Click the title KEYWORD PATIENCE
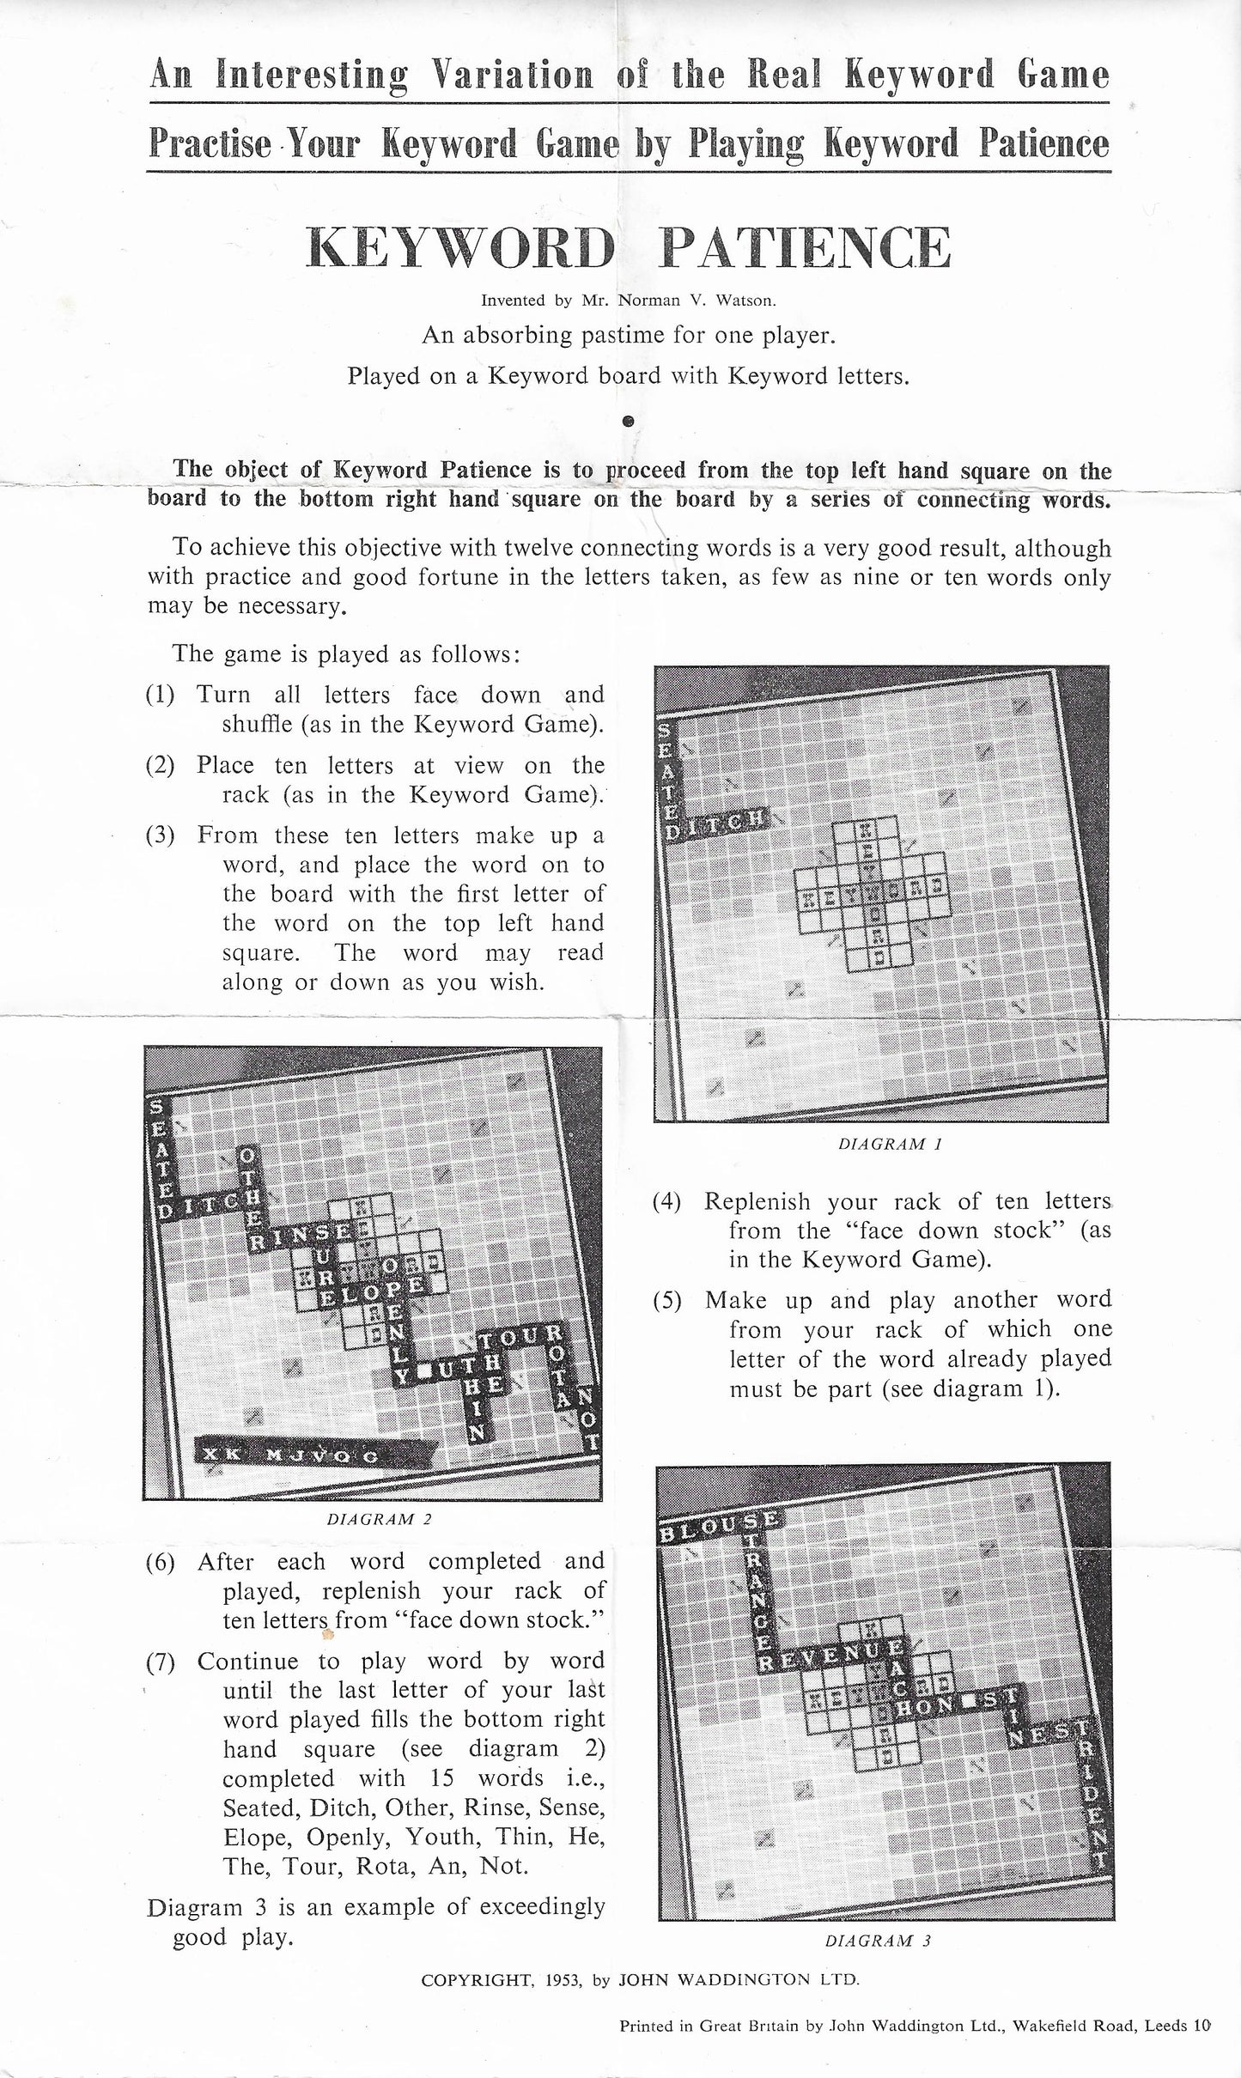[x=629, y=249]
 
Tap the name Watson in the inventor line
[x=751, y=301]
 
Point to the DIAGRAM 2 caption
[x=379, y=1519]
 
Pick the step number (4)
[x=667, y=1202]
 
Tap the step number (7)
[x=160, y=1662]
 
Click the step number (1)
[x=160, y=695]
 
